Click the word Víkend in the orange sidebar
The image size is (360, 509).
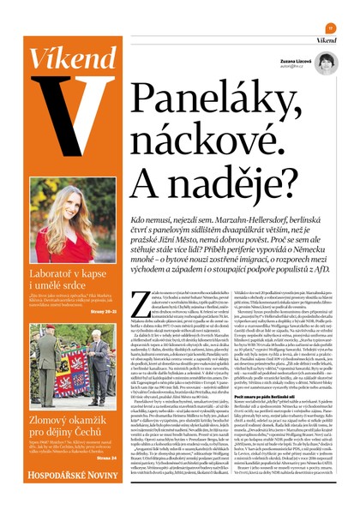pyautogui.click(x=60, y=59)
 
